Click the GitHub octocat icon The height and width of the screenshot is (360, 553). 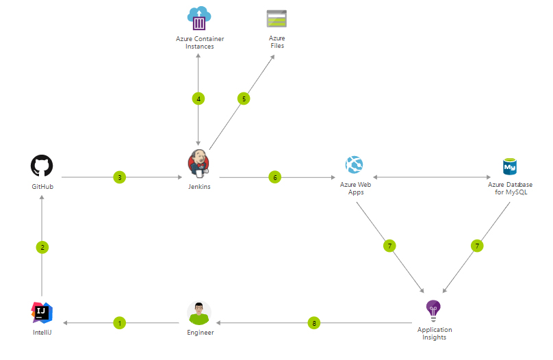(42, 166)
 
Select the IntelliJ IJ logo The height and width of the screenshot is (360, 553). (42, 312)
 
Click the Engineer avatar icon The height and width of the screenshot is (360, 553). (199, 313)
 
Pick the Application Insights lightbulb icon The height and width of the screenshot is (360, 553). (433, 311)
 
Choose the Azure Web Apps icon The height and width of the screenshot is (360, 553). (354, 165)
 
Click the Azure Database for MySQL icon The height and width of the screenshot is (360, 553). (510, 166)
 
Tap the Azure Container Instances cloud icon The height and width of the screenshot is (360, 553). (199, 18)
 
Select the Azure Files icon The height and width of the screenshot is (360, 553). (276, 18)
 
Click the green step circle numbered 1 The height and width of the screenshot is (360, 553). (120, 322)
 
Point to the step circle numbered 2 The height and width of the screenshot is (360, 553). (42, 248)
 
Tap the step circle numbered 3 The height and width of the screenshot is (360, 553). (120, 177)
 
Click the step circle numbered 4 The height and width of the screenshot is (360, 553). (198, 99)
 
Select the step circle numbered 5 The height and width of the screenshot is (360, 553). (243, 99)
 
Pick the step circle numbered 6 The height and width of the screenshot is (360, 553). (275, 177)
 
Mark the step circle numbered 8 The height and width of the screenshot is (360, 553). (314, 322)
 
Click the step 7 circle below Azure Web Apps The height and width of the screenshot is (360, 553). (389, 246)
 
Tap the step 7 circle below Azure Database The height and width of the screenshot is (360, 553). (477, 246)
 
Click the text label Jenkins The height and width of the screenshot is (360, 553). (198, 187)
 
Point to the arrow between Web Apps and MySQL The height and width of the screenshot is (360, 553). (432, 178)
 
